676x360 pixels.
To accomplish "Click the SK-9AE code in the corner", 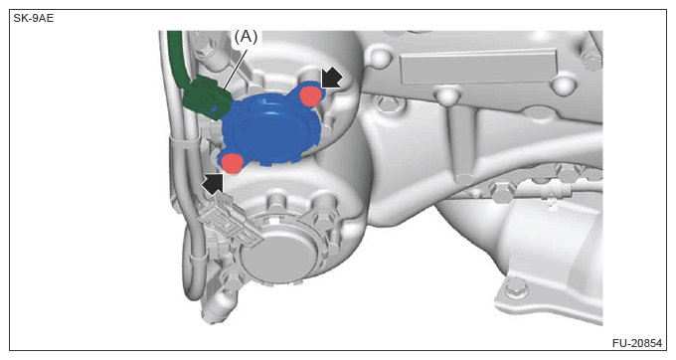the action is tap(33, 19).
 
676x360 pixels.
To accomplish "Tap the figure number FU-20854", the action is tap(637, 343).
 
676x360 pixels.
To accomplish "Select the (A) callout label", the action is tap(246, 37).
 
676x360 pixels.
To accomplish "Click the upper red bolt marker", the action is tap(310, 95).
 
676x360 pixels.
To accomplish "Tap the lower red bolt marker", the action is tap(233, 163).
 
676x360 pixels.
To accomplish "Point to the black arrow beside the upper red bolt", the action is tap(331, 79).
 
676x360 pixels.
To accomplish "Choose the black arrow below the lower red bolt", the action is tap(214, 184).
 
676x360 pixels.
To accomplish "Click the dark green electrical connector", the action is tap(206, 98).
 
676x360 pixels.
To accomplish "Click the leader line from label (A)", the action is tap(235, 68).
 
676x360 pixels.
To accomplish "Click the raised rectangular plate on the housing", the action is tap(478, 67).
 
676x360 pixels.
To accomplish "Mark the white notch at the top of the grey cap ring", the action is tap(273, 220).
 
